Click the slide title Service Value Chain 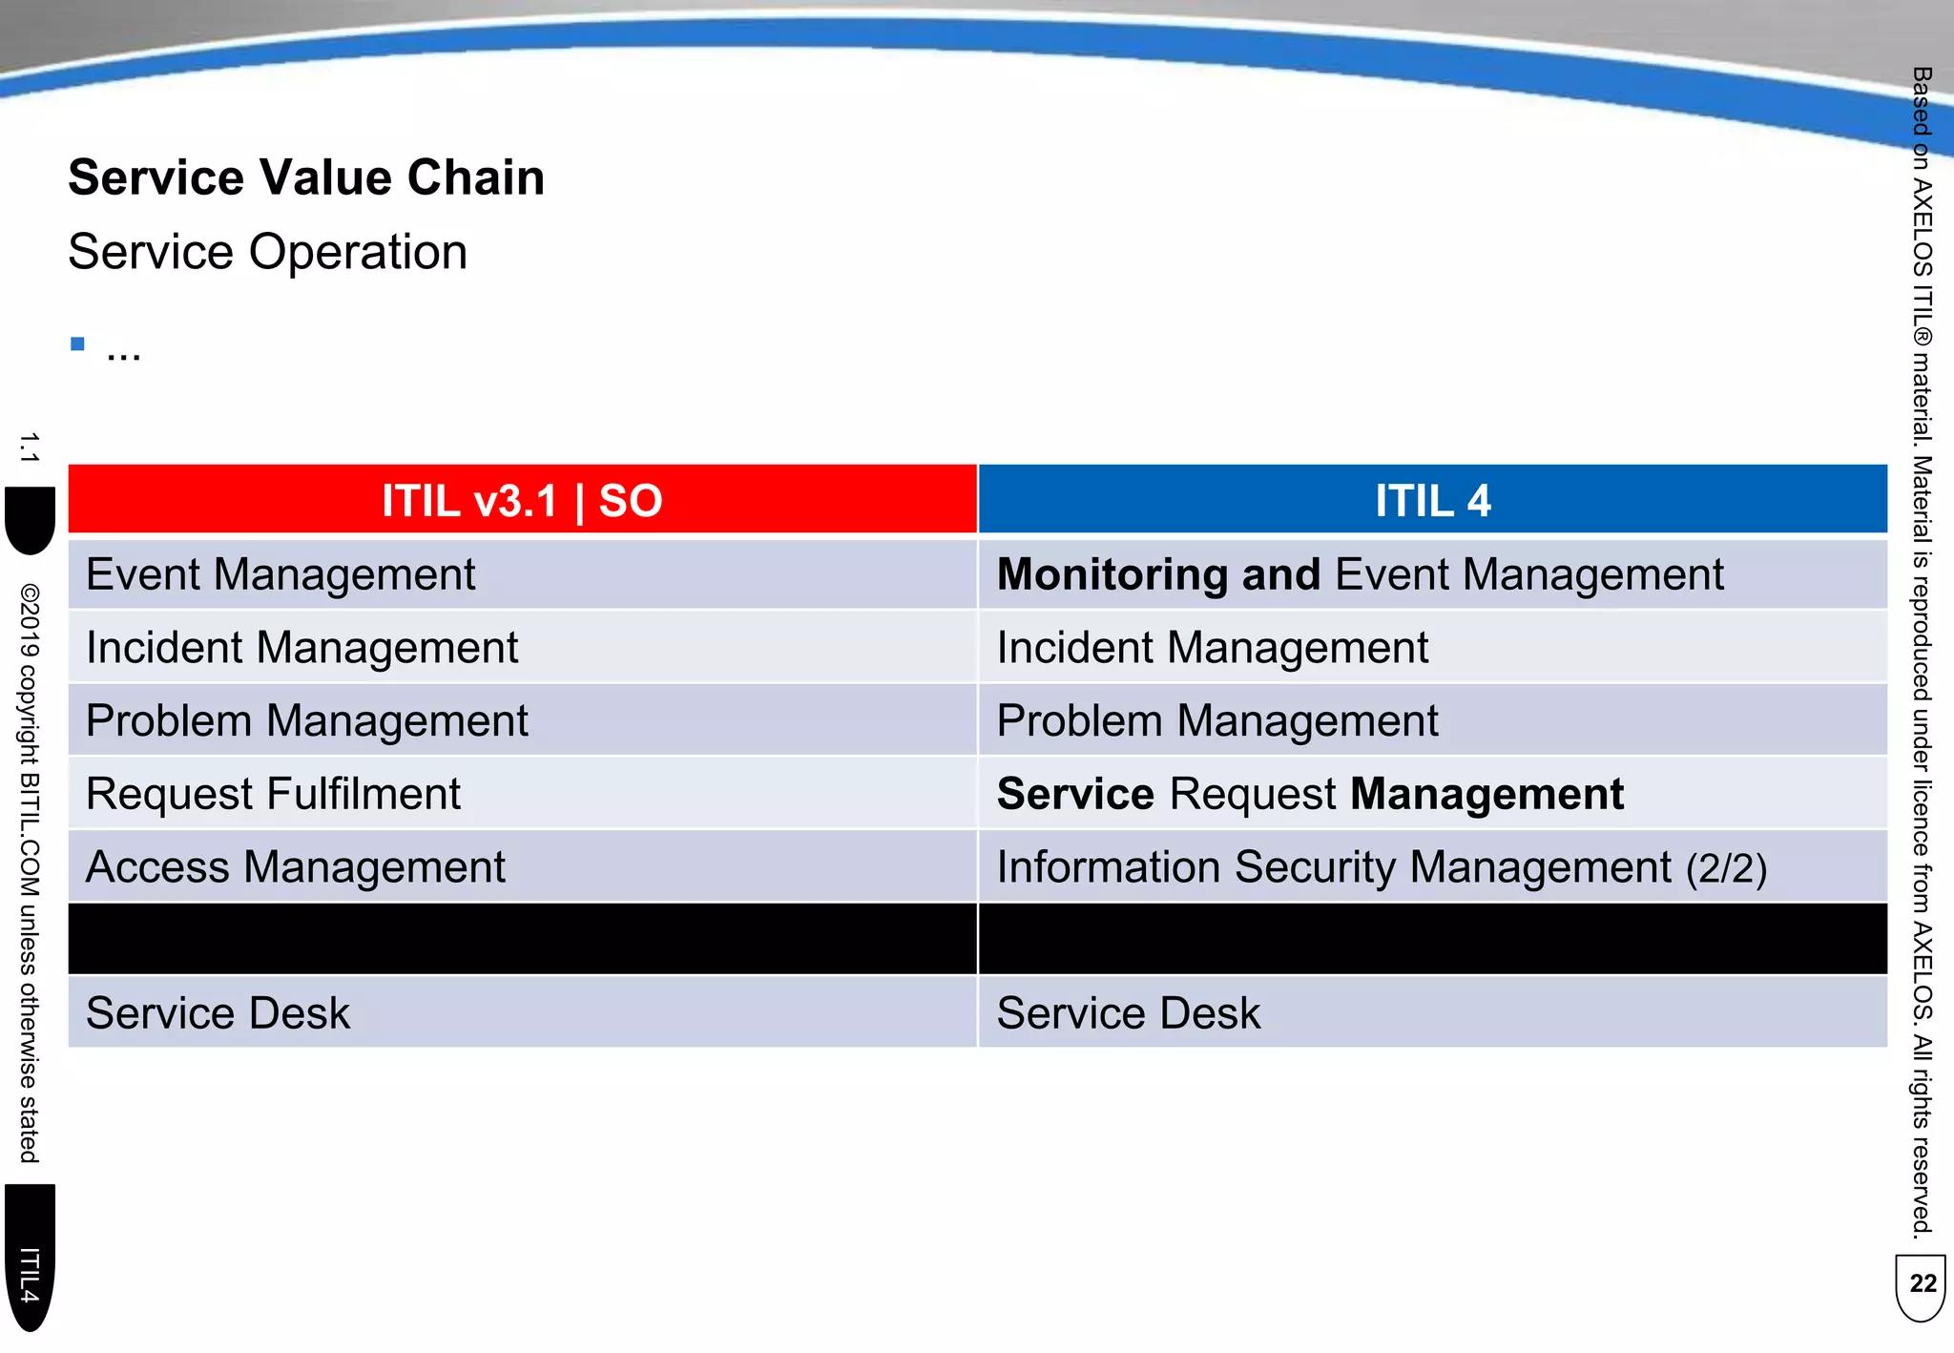tap(306, 178)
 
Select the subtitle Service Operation tap(268, 253)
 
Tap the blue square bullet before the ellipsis tap(78, 344)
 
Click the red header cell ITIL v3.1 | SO tap(522, 501)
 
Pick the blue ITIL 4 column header tap(1432, 501)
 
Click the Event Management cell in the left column tap(281, 575)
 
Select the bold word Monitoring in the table tap(1112, 575)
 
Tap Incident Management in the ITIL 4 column tap(1212, 648)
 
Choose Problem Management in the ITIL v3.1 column tap(306, 721)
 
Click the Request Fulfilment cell tap(273, 795)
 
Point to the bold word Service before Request tap(1075, 795)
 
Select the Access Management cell tap(296, 868)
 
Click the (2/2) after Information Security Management tap(1726, 869)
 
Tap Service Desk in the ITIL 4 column tap(1128, 1013)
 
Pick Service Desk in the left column tap(218, 1013)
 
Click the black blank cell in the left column tap(522, 940)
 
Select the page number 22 tap(1923, 1284)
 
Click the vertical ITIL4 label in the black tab tap(30, 1275)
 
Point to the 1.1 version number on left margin tap(29, 448)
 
